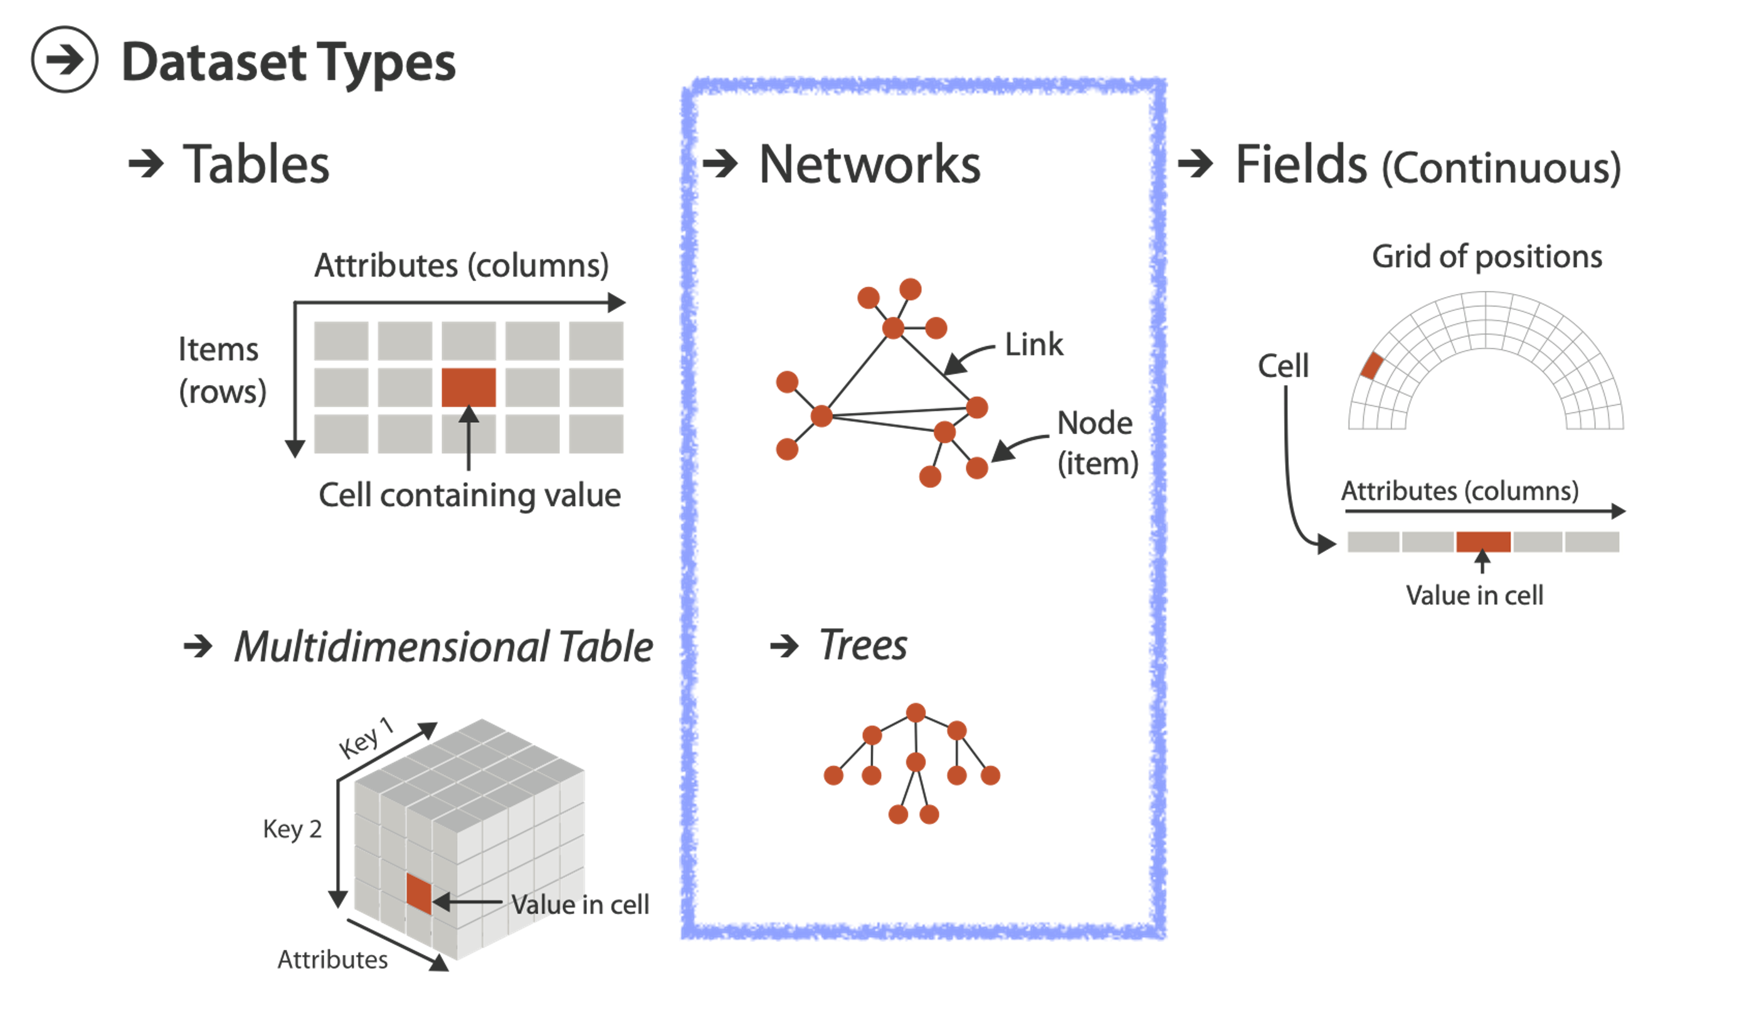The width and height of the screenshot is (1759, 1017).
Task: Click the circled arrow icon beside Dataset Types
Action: tap(64, 60)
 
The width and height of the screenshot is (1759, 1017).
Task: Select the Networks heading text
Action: tap(869, 165)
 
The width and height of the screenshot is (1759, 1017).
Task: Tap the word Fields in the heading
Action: tap(1301, 165)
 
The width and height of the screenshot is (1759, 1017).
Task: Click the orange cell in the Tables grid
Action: tap(469, 387)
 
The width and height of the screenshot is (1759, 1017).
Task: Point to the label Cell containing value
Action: tap(469, 495)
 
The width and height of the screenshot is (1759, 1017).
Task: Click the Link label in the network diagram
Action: tap(1033, 344)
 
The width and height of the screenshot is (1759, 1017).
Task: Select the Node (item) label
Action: tap(1097, 443)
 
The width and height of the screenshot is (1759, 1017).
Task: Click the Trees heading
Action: tap(863, 645)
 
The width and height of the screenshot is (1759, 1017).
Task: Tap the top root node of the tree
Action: tap(915, 713)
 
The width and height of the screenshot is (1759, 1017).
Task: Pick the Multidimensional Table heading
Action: tap(443, 646)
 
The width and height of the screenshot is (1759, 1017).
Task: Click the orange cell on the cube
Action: tap(419, 893)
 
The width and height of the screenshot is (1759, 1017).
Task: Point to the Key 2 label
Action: tap(292, 830)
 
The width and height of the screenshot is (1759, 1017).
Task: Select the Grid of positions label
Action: tap(1487, 257)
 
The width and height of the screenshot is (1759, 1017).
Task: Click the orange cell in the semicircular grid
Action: tap(1372, 366)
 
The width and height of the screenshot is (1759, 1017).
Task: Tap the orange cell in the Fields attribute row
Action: tap(1483, 542)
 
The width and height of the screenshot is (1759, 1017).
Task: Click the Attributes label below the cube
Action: tap(332, 960)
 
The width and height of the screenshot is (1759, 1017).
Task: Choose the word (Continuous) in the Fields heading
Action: tap(1501, 168)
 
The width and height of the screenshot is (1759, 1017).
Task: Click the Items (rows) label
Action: tap(222, 370)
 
